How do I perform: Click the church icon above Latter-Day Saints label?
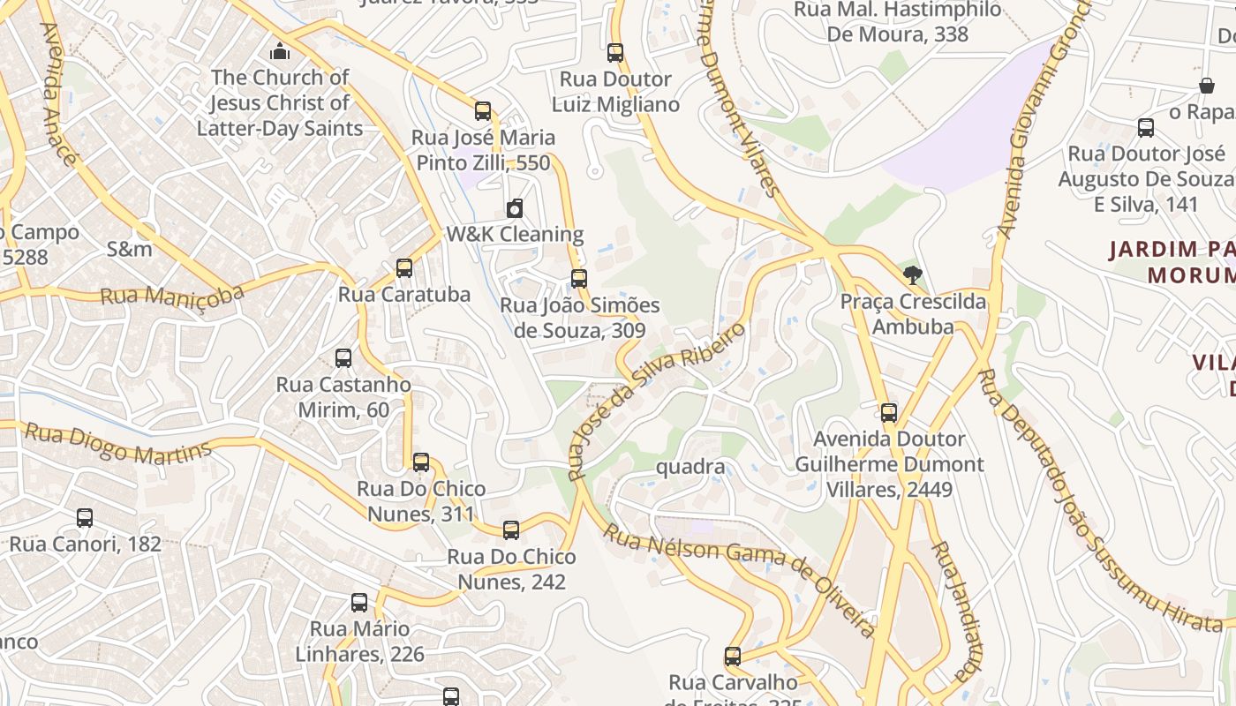tap(280, 50)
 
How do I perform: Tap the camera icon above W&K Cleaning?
tap(514, 208)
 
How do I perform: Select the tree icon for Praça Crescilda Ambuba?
tap(913, 275)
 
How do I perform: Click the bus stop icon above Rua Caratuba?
tap(404, 267)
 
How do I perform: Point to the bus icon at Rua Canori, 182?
tap(85, 518)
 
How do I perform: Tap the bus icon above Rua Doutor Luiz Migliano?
tap(615, 53)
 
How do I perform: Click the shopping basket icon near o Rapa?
tap(1206, 86)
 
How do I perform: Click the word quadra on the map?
tap(690, 466)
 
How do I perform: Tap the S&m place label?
tap(129, 249)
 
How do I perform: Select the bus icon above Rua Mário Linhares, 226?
tap(359, 603)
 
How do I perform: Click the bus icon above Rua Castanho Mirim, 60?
tap(343, 358)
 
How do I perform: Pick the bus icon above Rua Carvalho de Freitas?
tap(733, 657)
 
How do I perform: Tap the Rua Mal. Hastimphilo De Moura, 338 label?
tap(898, 22)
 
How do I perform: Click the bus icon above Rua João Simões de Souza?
tap(579, 279)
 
